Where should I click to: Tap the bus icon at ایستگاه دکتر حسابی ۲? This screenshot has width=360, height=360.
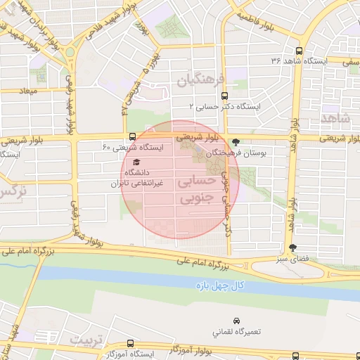(x=224, y=96)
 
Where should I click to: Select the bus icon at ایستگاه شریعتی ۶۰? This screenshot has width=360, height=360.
(x=132, y=137)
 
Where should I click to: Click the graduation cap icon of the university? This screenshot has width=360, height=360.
(x=136, y=163)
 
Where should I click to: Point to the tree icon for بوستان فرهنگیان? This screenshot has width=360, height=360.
(x=236, y=142)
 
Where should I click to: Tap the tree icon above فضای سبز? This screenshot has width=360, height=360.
(x=292, y=247)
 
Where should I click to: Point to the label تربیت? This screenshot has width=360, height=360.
(x=87, y=340)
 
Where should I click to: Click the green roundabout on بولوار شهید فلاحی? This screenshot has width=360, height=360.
(x=70, y=52)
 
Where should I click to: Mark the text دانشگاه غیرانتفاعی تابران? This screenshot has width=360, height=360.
(x=136, y=178)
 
